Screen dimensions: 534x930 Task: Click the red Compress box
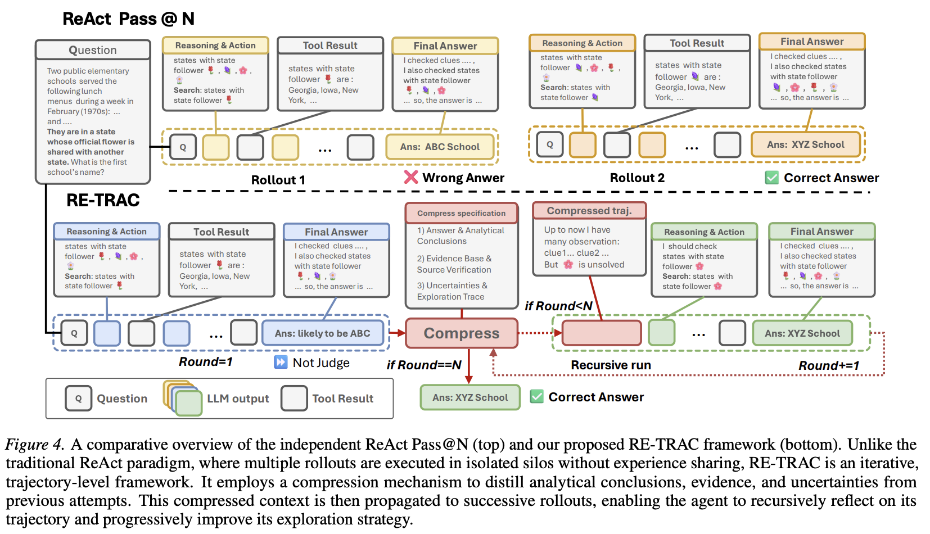click(461, 333)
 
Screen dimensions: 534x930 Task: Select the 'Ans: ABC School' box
click(440, 147)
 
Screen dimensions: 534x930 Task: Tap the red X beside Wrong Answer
click(411, 178)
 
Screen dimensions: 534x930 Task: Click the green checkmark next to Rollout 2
click(772, 178)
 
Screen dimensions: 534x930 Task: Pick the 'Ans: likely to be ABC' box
click(322, 333)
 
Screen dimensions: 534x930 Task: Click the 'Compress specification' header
click(461, 213)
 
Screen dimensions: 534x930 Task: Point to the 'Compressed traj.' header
click(589, 211)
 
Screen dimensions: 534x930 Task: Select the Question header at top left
click(93, 50)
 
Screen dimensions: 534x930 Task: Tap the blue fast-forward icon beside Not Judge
click(281, 362)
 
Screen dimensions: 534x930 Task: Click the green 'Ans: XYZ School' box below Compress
click(470, 397)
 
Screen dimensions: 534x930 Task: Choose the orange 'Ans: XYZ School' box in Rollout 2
click(806, 144)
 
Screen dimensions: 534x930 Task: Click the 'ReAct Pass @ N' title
click(128, 19)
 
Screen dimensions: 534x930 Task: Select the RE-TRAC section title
click(103, 200)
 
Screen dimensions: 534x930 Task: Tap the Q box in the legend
click(78, 399)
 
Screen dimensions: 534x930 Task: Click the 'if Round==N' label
click(424, 365)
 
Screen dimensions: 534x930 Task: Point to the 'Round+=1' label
click(829, 366)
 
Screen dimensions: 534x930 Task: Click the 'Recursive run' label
click(611, 365)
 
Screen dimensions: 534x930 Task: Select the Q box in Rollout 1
click(183, 147)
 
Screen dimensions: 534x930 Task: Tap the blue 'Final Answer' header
click(336, 232)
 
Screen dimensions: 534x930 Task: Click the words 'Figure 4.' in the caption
click(34, 445)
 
